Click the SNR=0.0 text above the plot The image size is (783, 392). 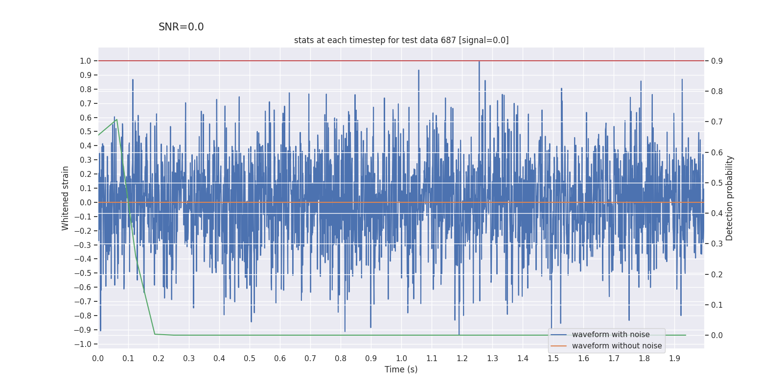[181, 27]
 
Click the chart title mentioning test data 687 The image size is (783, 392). [401, 40]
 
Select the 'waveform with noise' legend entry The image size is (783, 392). [610, 335]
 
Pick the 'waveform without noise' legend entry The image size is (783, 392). [617, 346]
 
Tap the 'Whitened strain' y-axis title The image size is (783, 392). [66, 198]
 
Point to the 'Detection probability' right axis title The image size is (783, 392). [729, 198]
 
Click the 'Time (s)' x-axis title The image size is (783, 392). [401, 369]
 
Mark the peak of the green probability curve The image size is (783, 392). [116, 120]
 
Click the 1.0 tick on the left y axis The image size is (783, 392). [86, 61]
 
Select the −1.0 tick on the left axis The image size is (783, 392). [84, 344]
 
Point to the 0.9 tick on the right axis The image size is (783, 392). [717, 61]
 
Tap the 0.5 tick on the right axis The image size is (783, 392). [717, 183]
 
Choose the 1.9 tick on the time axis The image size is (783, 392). [674, 358]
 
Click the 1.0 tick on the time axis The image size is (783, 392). [401, 358]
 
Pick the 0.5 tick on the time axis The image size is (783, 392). [250, 358]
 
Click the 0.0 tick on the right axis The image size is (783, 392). [717, 335]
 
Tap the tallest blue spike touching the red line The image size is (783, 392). [479, 62]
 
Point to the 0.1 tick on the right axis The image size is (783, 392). [717, 305]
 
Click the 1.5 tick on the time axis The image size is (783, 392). [553, 358]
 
